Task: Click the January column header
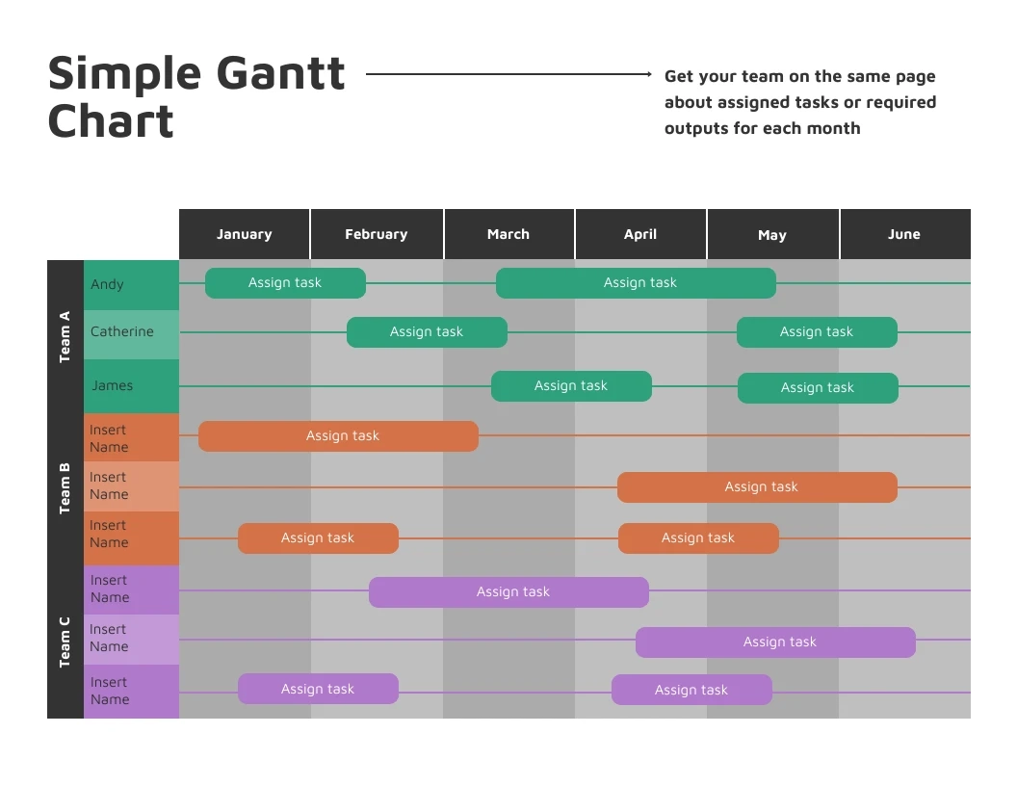(245, 234)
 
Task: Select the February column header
(377, 234)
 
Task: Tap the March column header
(508, 234)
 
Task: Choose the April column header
(640, 234)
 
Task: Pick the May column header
(772, 235)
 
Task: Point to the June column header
(904, 234)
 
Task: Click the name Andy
(108, 284)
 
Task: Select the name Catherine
(122, 331)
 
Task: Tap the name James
(113, 385)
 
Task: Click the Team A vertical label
(65, 337)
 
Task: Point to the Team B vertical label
(65, 488)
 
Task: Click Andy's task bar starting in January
(285, 283)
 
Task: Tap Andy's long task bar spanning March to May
(636, 283)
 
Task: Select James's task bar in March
(571, 386)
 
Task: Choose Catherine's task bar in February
(427, 332)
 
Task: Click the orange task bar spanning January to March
(338, 436)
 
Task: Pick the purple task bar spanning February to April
(508, 592)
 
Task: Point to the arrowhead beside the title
(649, 74)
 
